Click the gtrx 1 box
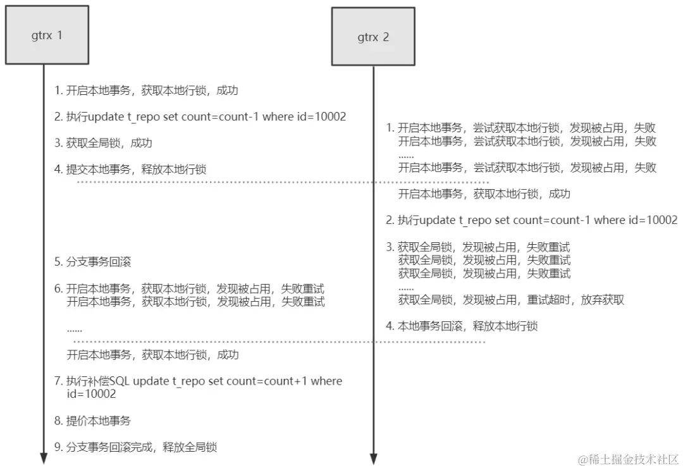44,36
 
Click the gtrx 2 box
373,37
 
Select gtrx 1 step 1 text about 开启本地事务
146,90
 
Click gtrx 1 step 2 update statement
200,117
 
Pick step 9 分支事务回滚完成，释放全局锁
135,447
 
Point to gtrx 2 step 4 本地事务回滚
462,326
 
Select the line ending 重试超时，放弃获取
511,300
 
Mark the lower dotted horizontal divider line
278,342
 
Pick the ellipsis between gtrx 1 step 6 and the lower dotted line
75,329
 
